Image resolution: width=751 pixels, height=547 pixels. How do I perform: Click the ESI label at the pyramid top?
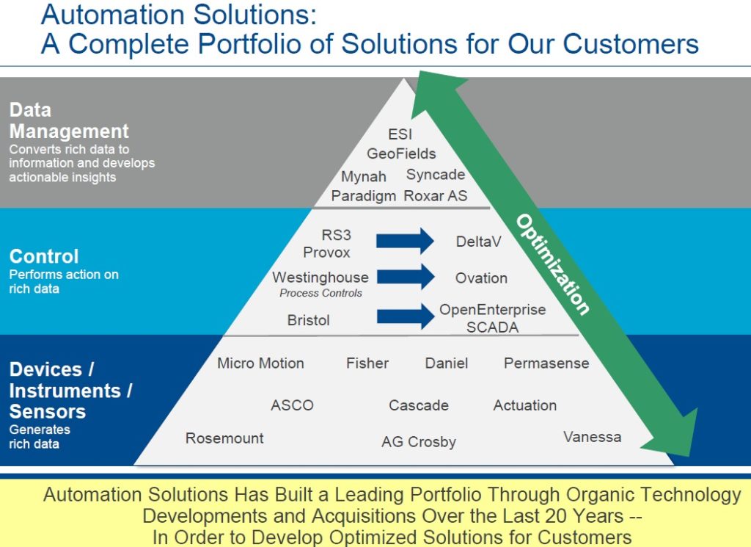[x=400, y=134]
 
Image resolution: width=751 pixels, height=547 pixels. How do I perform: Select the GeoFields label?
[x=401, y=153]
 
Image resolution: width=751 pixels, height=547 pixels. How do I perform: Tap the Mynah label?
[x=364, y=176]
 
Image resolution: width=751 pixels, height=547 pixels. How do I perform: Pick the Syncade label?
[x=436, y=175]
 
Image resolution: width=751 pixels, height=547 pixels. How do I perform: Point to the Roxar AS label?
[x=436, y=196]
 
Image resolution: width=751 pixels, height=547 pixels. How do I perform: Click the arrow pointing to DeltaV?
[x=405, y=241]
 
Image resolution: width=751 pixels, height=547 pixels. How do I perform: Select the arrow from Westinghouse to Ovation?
[x=405, y=278]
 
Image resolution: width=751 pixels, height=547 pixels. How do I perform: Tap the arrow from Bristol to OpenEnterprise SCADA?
[x=405, y=316]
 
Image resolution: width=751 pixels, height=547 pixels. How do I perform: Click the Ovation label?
[x=481, y=278]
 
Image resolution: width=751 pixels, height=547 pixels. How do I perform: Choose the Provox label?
[x=327, y=252]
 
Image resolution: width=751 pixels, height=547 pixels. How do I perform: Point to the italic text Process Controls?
[x=320, y=293]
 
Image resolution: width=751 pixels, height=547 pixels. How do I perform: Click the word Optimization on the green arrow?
[x=552, y=264]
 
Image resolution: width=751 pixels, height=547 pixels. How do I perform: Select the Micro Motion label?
[x=260, y=363]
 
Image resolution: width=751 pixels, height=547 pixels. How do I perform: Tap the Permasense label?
[x=546, y=363]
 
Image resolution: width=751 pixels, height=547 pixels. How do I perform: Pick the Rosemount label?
[x=224, y=438]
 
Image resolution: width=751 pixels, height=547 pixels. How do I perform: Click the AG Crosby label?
[x=419, y=442]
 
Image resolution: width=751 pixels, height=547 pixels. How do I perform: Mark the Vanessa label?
[x=592, y=437]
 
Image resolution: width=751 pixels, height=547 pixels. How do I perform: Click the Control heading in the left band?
[x=44, y=257]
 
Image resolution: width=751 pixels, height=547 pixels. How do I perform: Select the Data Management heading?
[x=69, y=121]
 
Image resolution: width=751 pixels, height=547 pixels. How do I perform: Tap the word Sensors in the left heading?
[x=48, y=411]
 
